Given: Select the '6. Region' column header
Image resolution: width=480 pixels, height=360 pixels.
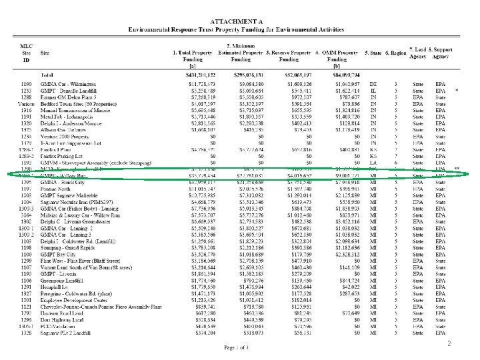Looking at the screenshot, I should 399,52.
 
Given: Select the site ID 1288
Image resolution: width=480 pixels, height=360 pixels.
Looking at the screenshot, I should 25,97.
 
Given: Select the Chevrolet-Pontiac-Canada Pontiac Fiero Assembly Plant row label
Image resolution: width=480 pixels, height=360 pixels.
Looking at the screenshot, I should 106,306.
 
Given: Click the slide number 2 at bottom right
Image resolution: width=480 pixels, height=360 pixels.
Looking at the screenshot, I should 468,343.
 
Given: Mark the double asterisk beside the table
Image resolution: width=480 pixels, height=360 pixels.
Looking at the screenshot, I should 457,169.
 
